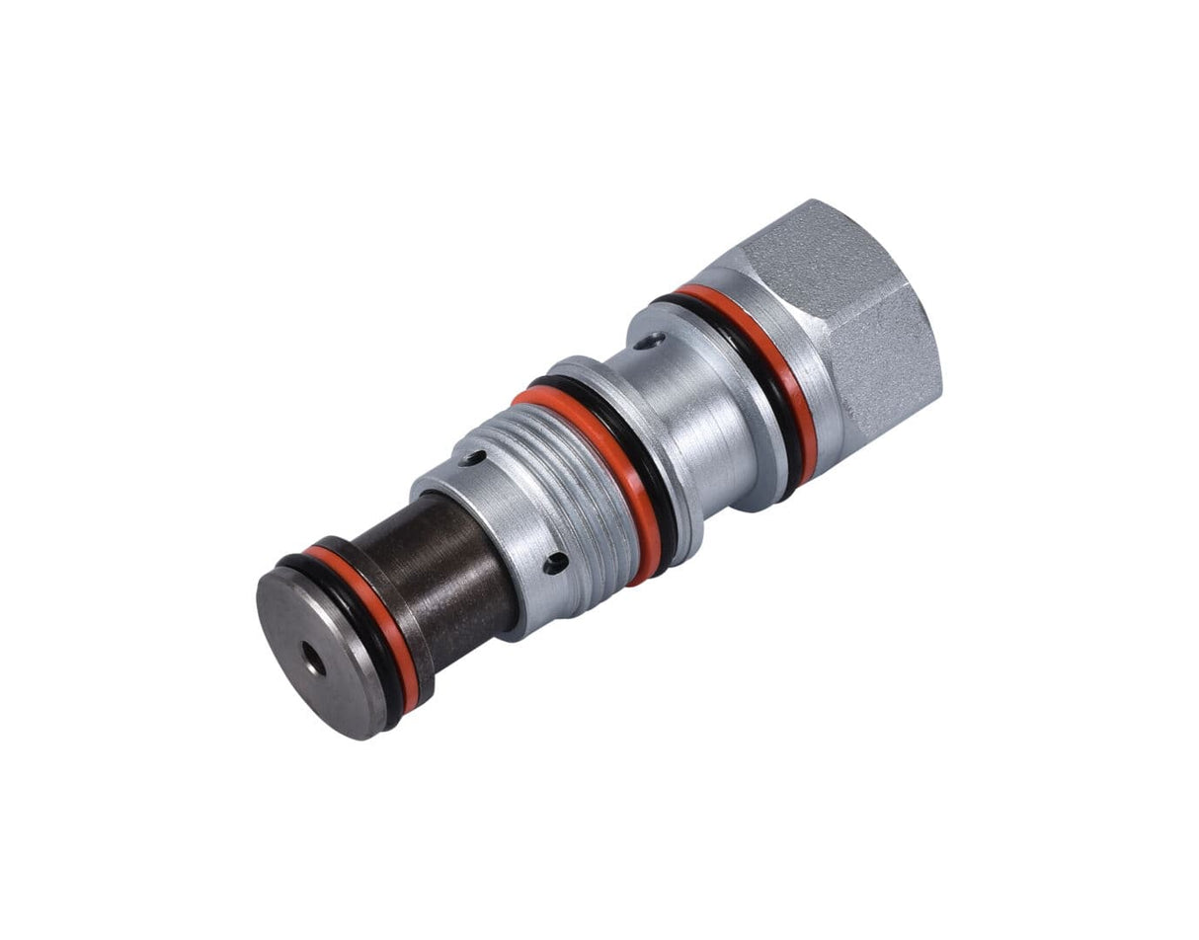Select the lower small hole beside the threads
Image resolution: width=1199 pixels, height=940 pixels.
point(557,563)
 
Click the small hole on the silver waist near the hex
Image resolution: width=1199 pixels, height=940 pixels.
point(646,341)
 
